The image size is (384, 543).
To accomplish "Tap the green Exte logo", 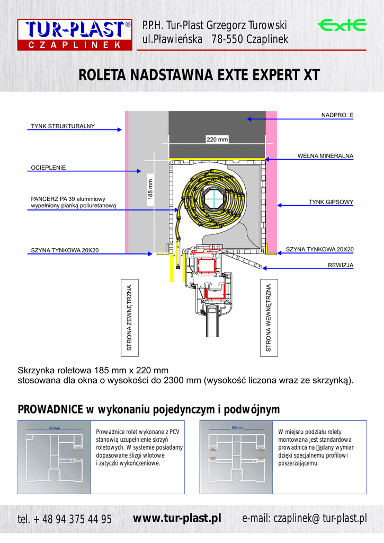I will (x=342, y=25).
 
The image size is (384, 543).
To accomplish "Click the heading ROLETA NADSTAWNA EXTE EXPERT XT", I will (x=199, y=75).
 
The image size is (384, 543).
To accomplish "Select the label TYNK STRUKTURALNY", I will (x=62, y=126).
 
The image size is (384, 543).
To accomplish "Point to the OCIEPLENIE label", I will (x=48, y=168).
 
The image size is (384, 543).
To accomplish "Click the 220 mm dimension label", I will (x=217, y=139).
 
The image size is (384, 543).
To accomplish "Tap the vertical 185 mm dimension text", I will (x=150, y=189).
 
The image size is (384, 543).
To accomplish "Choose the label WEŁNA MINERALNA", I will (x=325, y=155).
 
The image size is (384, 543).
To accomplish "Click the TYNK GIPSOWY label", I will (x=331, y=202).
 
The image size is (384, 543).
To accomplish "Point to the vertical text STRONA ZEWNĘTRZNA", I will (x=129, y=317).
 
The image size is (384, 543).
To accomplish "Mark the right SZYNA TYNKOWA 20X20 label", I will (x=319, y=249).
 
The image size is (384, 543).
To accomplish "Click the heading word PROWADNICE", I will (x=50, y=409).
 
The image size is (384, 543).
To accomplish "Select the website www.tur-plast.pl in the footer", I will (x=176, y=518).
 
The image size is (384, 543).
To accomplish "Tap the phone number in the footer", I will (x=65, y=519).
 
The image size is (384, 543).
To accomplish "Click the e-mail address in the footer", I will (x=304, y=518).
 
